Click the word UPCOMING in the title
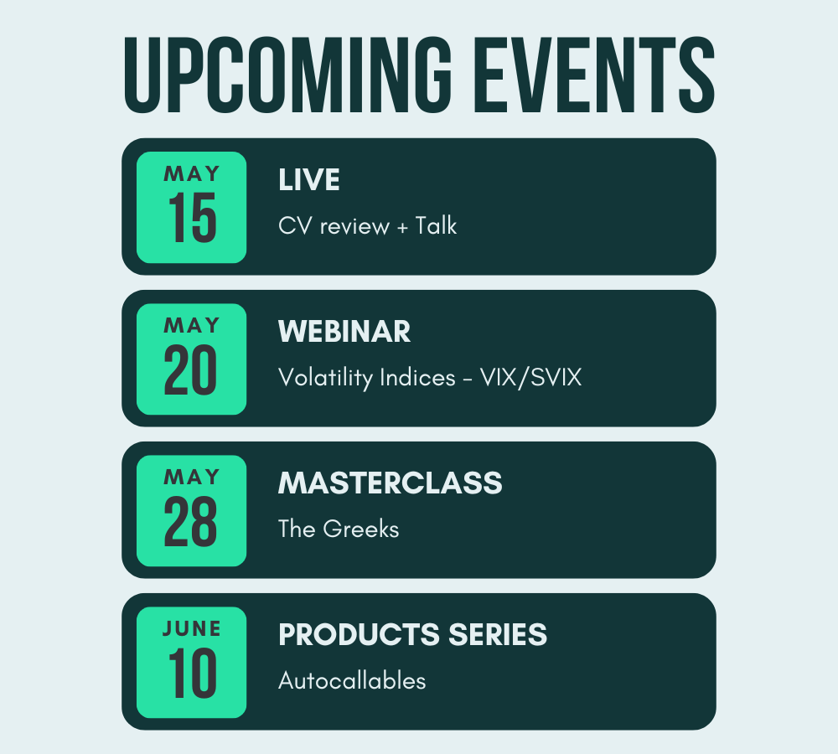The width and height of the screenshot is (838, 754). pyautogui.click(x=287, y=75)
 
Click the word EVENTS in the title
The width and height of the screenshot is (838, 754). pyautogui.click(x=594, y=75)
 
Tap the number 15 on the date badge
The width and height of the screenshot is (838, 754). pyautogui.click(x=192, y=218)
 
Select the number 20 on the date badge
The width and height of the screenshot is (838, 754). pyautogui.click(x=190, y=369)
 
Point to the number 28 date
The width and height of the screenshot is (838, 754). pyautogui.click(x=190, y=521)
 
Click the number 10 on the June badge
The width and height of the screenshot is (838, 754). pyautogui.click(x=192, y=673)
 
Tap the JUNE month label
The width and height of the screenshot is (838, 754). pyautogui.click(x=191, y=628)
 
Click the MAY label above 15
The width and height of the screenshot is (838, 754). pyautogui.click(x=191, y=173)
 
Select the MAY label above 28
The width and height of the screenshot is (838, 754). pyautogui.click(x=191, y=477)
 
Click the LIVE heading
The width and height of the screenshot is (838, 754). pyautogui.click(x=309, y=179)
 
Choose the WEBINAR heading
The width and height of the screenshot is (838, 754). pyautogui.click(x=344, y=331)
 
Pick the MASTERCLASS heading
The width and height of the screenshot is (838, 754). pyautogui.click(x=391, y=483)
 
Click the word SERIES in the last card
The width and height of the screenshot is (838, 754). pyautogui.click(x=498, y=635)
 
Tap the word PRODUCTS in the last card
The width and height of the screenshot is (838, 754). pyautogui.click(x=360, y=635)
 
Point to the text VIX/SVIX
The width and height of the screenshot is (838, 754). pyautogui.click(x=530, y=378)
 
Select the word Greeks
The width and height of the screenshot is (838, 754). pyautogui.click(x=361, y=529)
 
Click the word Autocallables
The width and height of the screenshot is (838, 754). pyautogui.click(x=352, y=681)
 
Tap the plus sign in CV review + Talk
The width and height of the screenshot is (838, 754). pyautogui.click(x=402, y=227)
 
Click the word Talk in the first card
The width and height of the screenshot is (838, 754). pyautogui.click(x=436, y=225)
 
